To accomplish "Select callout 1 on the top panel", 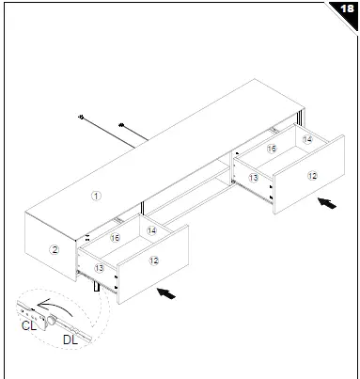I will [94, 196].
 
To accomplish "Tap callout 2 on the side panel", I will [55, 249].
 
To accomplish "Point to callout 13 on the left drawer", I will [99, 268].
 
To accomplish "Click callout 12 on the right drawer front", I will [312, 175].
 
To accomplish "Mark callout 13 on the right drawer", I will [253, 177].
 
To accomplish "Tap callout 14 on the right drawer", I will [307, 138].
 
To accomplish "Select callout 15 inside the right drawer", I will [271, 149].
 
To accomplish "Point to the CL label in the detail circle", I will [28, 325].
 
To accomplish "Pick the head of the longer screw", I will [84, 118].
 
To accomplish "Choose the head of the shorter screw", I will [121, 124].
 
